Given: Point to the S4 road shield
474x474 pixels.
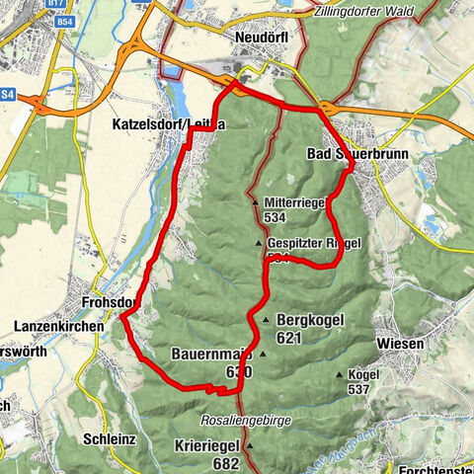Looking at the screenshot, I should pos(8,94).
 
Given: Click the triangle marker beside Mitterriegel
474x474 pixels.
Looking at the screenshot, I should pos(254,201).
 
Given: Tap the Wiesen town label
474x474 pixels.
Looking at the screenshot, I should pos(400,344).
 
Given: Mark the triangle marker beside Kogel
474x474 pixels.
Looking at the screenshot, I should pos(340,374).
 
